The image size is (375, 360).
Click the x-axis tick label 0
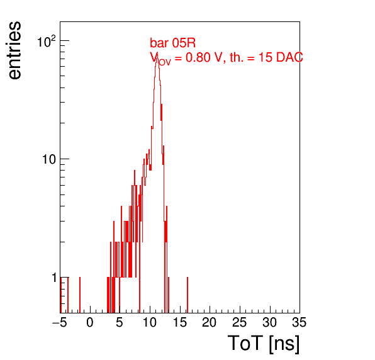coord(90,322)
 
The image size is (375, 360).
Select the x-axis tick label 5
coord(120,322)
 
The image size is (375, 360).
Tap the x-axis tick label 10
coord(150,322)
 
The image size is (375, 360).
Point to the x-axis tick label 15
coord(179,322)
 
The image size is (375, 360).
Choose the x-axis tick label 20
coord(210,322)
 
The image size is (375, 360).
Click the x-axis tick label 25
coord(239,322)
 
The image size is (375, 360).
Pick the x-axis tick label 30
coord(269,322)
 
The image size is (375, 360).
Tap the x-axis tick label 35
coord(299,322)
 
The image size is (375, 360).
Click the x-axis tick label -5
coord(59,322)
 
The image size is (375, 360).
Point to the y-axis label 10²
coord(47,42)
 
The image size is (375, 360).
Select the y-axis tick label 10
coord(49,159)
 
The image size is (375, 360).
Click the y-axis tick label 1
coord(55,278)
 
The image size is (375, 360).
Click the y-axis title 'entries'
coord(14,50)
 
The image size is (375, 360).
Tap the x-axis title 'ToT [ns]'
coord(264,344)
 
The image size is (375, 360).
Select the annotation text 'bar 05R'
coord(172,43)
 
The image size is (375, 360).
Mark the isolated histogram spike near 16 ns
coord(187,295)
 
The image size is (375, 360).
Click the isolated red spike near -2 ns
coord(80,295)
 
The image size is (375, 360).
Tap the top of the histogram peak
coord(157,57)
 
